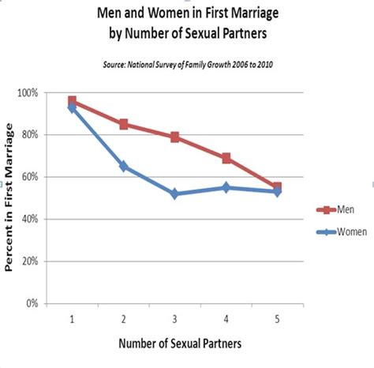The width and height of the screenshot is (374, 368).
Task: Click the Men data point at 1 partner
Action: (72, 101)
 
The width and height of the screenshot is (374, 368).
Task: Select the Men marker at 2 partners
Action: (123, 124)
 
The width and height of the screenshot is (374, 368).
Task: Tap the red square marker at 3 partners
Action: (174, 137)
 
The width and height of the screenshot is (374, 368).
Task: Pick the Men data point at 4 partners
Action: (226, 158)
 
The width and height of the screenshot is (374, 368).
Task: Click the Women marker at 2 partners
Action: (123, 166)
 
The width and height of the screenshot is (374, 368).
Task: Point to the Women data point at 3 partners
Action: (174, 193)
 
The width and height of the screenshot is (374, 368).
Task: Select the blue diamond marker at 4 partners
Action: (226, 187)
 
